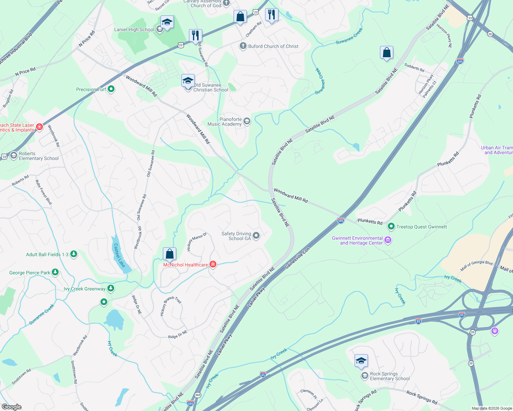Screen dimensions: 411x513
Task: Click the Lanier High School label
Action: (134, 30)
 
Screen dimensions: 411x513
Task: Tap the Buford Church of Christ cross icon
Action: (243, 46)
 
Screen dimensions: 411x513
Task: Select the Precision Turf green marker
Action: (111, 89)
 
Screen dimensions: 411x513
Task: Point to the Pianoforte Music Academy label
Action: (225, 122)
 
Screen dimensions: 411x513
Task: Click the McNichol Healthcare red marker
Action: (213, 264)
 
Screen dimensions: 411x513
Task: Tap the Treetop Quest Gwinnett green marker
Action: (391, 226)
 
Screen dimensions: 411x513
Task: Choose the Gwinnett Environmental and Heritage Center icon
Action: (388, 240)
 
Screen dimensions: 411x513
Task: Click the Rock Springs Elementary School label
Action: (390, 376)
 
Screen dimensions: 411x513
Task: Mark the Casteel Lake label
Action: (119, 256)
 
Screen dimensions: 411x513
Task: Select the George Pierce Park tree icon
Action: (55, 272)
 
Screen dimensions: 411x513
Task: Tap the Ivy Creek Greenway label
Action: (85, 289)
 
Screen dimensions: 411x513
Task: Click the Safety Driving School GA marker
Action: (256, 235)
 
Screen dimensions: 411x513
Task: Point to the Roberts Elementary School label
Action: (39, 156)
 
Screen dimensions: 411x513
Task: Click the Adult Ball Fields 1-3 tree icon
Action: (73, 254)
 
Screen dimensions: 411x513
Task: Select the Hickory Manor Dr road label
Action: (196, 242)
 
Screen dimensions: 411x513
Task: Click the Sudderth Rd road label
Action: (414, 67)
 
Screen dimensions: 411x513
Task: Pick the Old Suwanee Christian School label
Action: (211, 87)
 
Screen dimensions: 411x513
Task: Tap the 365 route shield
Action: (198, 395)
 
